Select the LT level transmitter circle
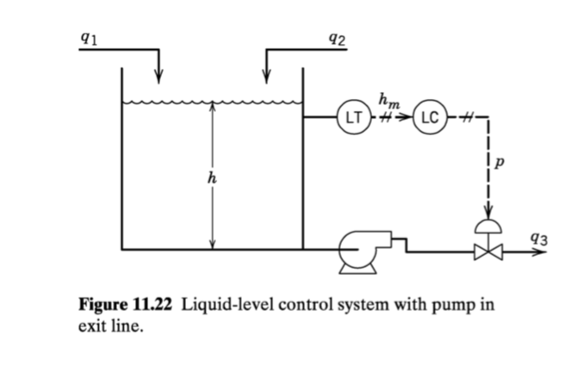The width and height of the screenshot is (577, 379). [x=353, y=115]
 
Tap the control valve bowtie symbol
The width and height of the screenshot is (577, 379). [x=488, y=252]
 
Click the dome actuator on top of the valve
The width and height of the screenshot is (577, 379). [x=488, y=227]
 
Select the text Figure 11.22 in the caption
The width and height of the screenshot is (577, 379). [x=126, y=306]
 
